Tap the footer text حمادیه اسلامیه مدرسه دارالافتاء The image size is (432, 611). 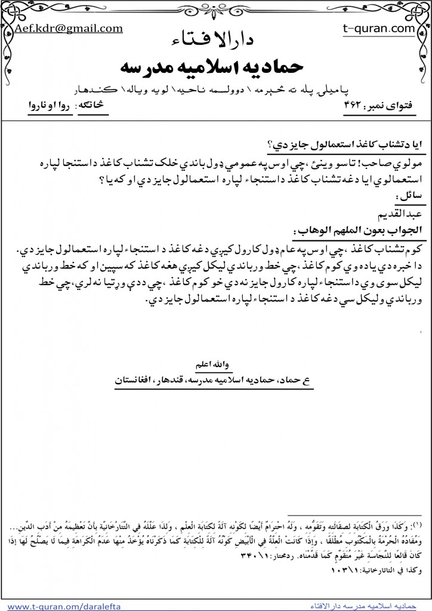coord(363,606)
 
